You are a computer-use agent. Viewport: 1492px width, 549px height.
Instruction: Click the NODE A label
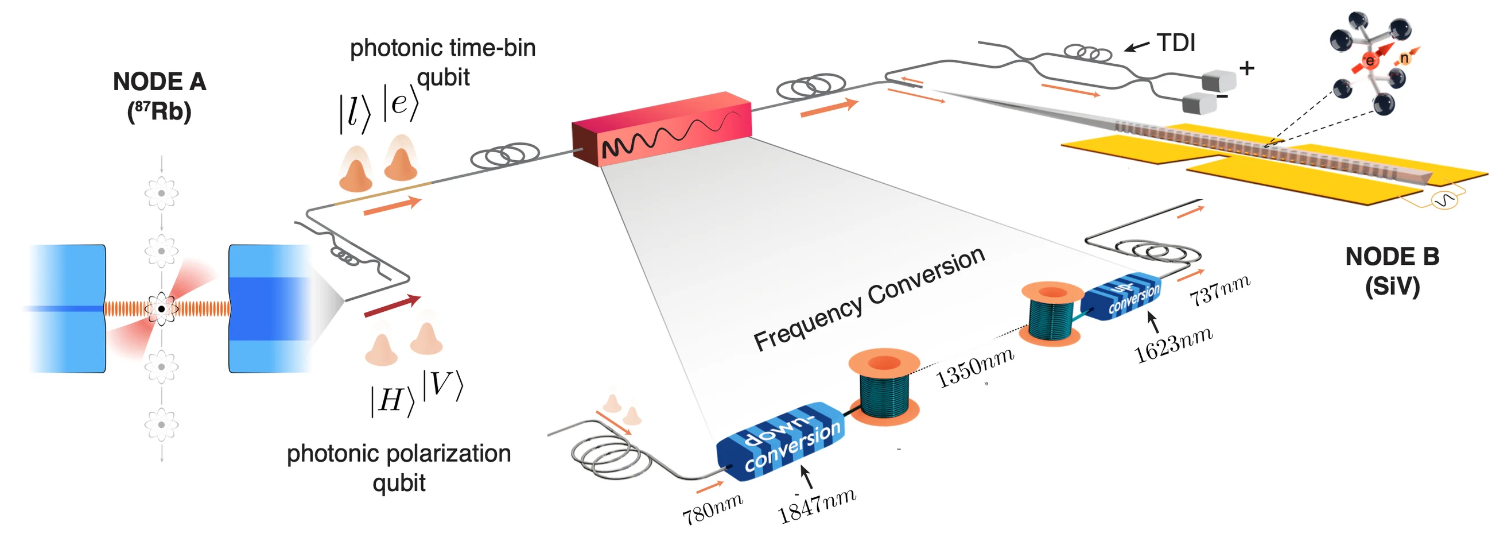tap(160, 96)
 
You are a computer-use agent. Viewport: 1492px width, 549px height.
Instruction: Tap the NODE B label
tap(1392, 270)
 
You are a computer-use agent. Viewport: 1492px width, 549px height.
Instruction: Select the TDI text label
tap(1176, 42)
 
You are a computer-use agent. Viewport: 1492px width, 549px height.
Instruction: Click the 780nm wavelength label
tap(712, 509)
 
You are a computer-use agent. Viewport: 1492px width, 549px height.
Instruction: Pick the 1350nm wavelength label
tap(975, 367)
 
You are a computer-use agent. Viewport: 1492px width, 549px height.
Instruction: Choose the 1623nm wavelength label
tap(1173, 345)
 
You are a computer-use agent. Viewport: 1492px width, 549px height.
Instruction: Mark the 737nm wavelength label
tap(1220, 291)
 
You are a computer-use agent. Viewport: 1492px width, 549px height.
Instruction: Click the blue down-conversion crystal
tap(781, 441)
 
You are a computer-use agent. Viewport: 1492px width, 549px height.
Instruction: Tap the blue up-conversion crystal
tap(1121, 296)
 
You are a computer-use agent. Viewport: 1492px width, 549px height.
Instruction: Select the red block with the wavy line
tap(662, 129)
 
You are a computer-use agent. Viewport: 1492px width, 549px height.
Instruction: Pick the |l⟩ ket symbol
tap(355, 113)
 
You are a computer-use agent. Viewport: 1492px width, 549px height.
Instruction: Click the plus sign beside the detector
tap(1247, 68)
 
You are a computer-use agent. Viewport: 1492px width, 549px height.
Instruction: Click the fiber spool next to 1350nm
tap(883, 387)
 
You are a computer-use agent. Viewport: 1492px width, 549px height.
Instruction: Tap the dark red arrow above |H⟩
tap(392, 306)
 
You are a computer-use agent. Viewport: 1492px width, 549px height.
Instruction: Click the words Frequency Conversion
tap(869, 298)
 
